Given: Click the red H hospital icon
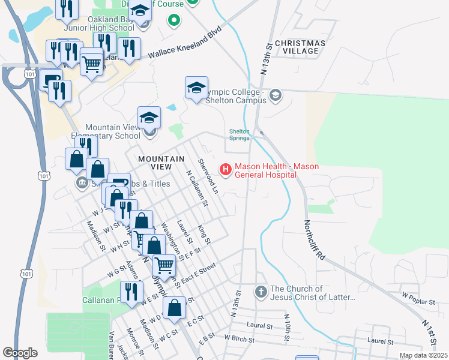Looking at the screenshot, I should (x=226, y=170).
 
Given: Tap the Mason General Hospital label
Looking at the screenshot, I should (x=276, y=170).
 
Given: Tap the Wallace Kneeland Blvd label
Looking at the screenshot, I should (x=185, y=44).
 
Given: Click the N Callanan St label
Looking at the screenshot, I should (x=196, y=188).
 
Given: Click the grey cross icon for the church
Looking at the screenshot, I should (x=261, y=292).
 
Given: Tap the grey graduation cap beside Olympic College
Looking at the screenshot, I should (x=275, y=95).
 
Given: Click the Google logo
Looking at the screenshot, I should (x=20, y=352).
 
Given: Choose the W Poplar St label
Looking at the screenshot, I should (x=418, y=296).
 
